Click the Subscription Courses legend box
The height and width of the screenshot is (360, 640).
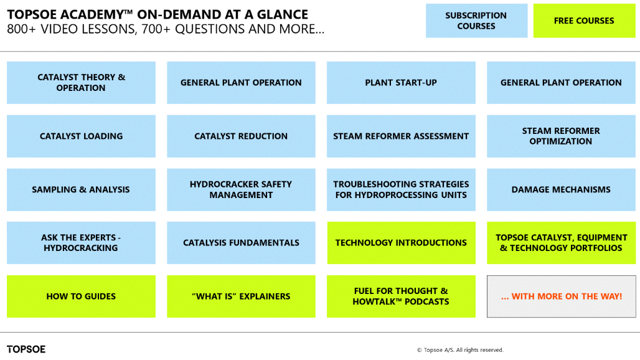click(476, 21)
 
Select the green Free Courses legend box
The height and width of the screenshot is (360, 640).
click(584, 21)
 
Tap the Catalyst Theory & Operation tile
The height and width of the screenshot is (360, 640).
click(81, 82)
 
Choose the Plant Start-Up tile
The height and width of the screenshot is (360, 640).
click(401, 82)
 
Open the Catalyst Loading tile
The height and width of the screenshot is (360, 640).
click(81, 136)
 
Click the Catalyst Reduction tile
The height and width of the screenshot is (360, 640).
click(241, 136)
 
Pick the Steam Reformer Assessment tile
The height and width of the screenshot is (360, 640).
click(401, 136)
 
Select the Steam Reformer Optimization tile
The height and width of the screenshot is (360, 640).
click(561, 136)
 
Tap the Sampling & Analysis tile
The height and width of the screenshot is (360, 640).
click(81, 189)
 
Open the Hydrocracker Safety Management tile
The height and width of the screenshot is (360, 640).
click(241, 189)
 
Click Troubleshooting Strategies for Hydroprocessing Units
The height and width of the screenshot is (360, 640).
click(401, 189)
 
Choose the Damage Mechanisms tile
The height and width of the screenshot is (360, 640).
click(561, 189)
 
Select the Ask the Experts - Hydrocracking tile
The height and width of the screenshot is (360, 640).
click(81, 242)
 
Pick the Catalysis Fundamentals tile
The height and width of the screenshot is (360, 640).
click(241, 242)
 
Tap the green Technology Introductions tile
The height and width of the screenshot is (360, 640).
click(401, 242)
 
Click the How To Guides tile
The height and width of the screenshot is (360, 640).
click(81, 296)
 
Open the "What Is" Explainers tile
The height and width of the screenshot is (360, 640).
click(241, 296)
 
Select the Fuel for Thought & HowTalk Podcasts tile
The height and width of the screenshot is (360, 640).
click(401, 296)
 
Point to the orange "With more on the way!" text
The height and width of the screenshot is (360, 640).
click(561, 296)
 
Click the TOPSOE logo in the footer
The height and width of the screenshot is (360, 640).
click(26, 349)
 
